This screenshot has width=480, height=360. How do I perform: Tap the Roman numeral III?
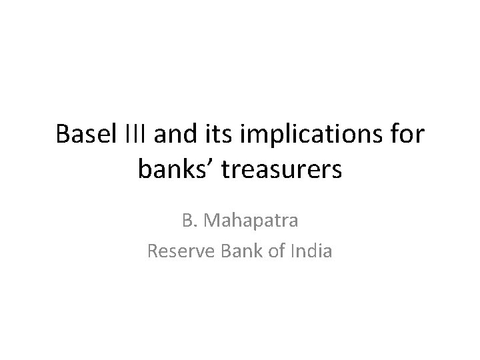[135, 134]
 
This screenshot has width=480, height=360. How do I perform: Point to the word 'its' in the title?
[214, 134]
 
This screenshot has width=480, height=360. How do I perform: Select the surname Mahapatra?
[251, 220]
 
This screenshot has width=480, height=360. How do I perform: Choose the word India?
[311, 251]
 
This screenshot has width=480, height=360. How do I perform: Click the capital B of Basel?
[62, 134]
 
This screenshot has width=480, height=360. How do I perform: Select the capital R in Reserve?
[152, 251]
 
